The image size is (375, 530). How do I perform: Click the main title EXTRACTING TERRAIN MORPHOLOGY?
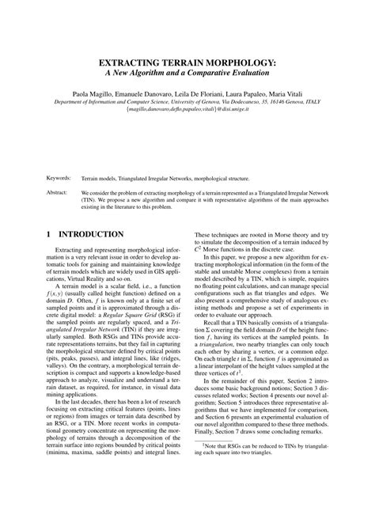(187, 61)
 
